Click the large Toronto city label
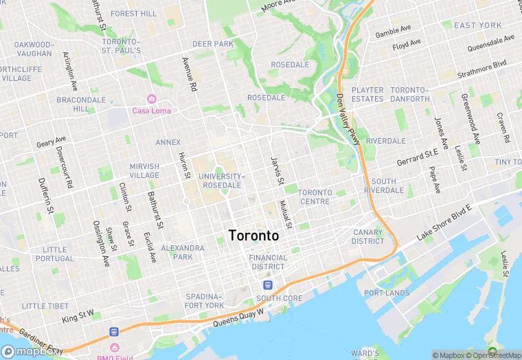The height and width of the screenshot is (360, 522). [253, 236]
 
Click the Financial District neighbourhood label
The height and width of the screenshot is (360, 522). [267, 262]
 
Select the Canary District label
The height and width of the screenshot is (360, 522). [368, 237]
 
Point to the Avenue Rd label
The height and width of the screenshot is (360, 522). [188, 74]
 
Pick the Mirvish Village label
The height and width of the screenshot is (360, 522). [144, 170]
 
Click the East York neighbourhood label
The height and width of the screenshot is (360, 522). [478, 25]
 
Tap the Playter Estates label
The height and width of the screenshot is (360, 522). [367, 95]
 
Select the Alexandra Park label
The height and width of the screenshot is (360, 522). [183, 252]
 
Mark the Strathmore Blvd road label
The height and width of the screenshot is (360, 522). [481, 68]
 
